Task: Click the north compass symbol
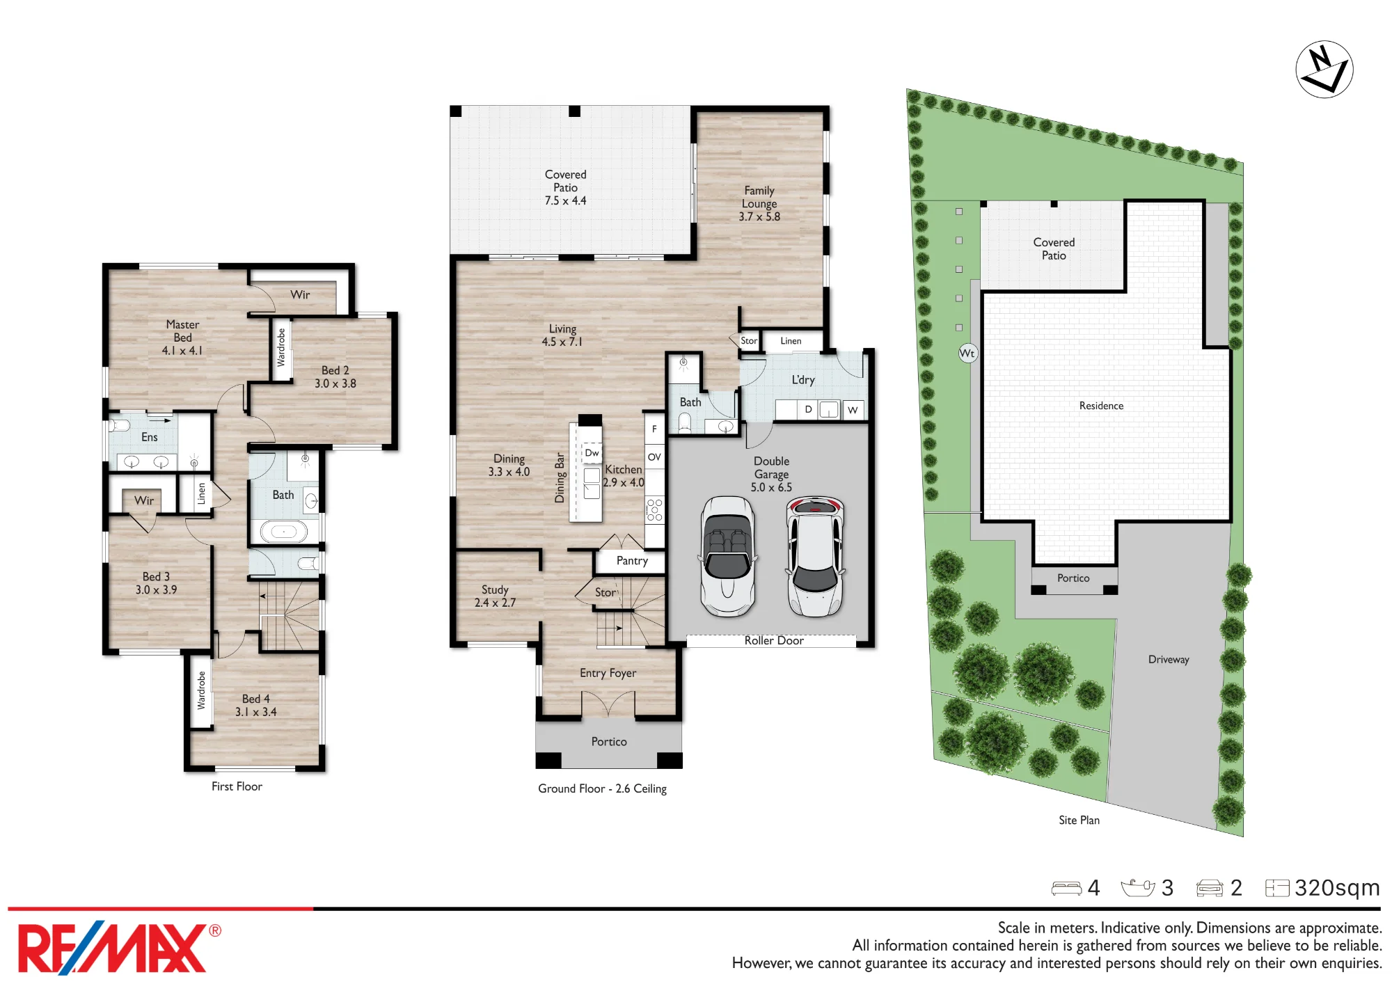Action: pyautogui.click(x=1324, y=69)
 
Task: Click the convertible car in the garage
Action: pyautogui.click(x=728, y=556)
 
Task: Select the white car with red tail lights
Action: pyautogui.click(x=815, y=557)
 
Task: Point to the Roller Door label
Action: pyautogui.click(x=774, y=640)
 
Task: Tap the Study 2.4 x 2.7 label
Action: pyautogui.click(x=495, y=596)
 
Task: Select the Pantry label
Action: pyautogui.click(x=632, y=561)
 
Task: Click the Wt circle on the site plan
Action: pyautogui.click(x=967, y=353)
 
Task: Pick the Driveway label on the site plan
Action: pyautogui.click(x=1169, y=659)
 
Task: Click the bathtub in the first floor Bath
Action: pyautogui.click(x=283, y=532)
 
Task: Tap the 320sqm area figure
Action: pyautogui.click(x=1336, y=888)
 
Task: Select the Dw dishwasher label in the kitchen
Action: pyautogui.click(x=592, y=453)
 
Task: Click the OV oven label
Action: pyautogui.click(x=654, y=457)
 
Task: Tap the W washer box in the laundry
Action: pyautogui.click(x=853, y=410)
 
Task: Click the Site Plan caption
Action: pyautogui.click(x=1079, y=820)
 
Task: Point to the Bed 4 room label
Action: pyautogui.click(x=255, y=705)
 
